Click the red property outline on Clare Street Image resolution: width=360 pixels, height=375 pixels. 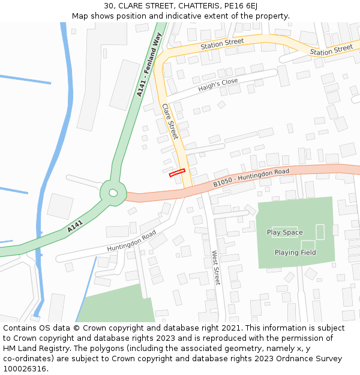(176, 173)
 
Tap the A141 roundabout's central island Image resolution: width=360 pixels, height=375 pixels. (113, 193)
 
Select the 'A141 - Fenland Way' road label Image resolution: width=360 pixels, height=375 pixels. (149, 65)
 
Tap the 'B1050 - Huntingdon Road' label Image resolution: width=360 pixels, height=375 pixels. (251, 178)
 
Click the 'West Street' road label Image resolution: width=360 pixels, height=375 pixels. (215, 268)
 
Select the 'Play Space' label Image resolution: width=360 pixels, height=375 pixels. (284, 232)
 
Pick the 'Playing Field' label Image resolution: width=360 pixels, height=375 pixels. (295, 253)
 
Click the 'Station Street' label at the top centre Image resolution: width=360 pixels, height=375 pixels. (222, 43)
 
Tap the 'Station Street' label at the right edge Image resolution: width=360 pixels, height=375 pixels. (331, 50)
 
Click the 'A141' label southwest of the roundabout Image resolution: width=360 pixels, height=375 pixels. (75, 226)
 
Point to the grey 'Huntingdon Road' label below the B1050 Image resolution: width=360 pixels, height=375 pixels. (131, 241)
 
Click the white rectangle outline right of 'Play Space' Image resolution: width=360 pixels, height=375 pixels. (320, 232)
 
